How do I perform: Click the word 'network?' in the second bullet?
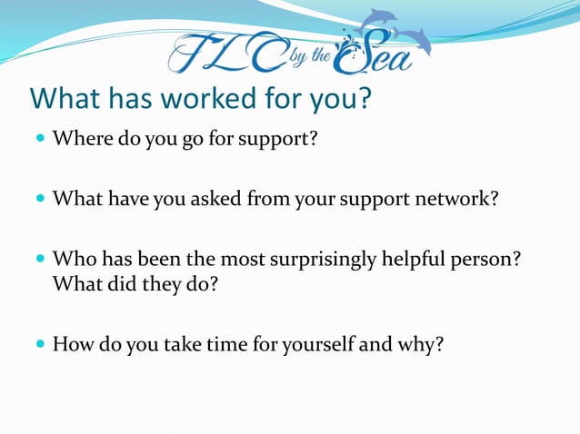[456, 198]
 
